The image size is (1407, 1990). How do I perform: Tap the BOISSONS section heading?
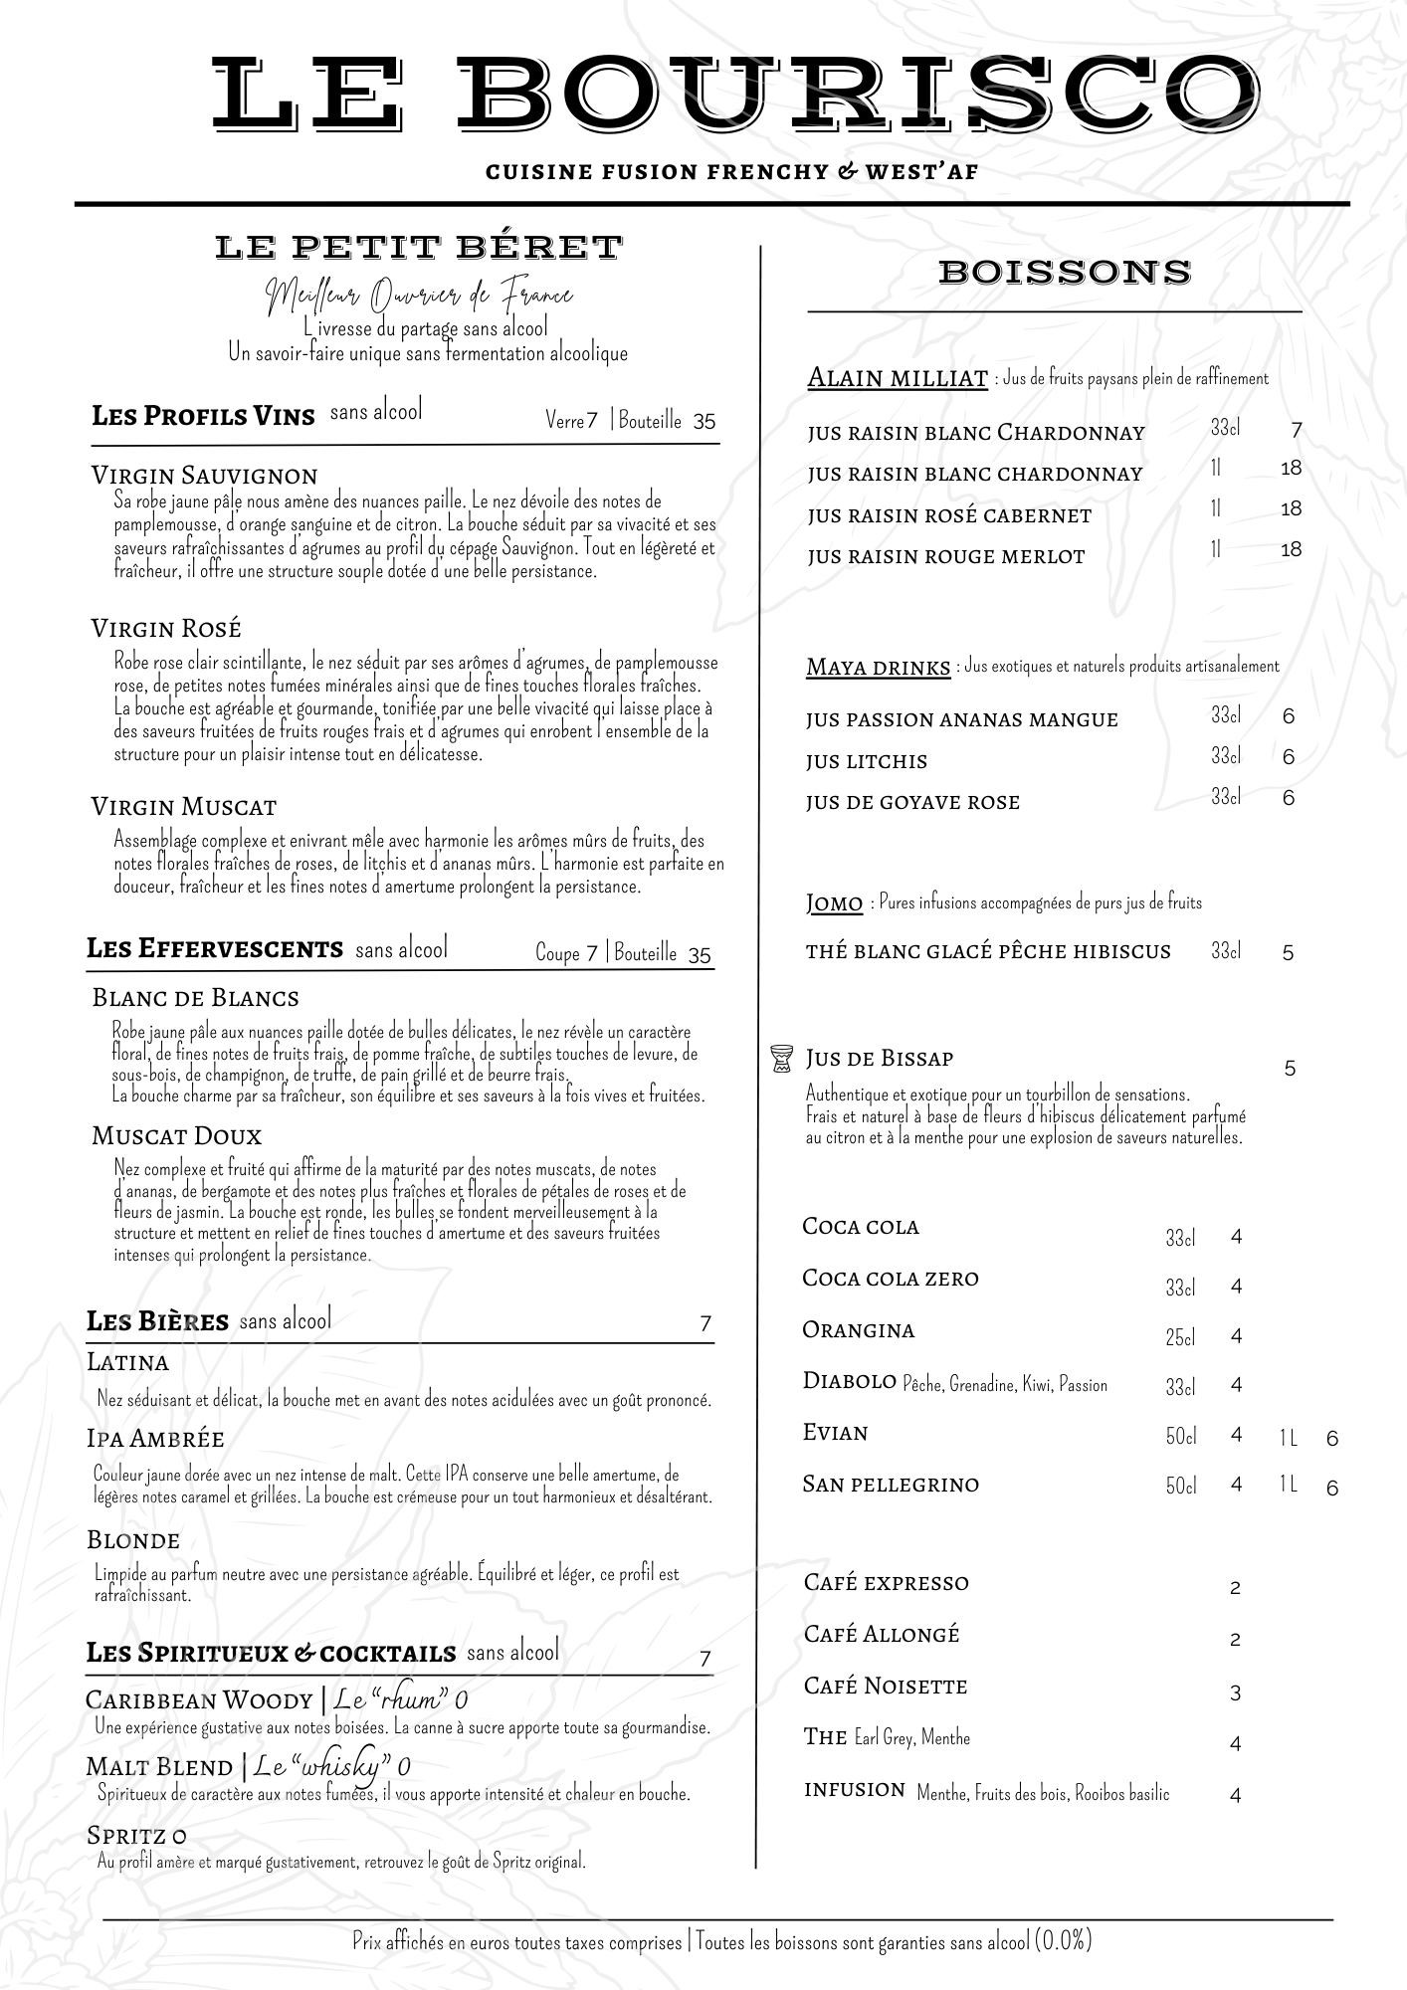point(1064,272)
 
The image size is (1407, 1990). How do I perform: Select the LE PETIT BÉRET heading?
point(419,247)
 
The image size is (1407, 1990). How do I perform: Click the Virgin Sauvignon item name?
point(204,475)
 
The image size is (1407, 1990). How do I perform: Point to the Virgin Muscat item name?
point(183,806)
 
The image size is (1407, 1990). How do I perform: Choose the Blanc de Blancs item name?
point(195,998)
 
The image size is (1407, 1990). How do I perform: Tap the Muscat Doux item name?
point(176,1135)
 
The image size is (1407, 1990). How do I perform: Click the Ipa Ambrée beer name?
point(155,1439)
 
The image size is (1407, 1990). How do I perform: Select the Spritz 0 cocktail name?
point(136,1835)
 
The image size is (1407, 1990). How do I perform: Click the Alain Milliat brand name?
point(897,378)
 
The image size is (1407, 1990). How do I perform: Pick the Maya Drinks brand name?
point(878,667)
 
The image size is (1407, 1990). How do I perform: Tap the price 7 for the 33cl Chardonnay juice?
point(1296,431)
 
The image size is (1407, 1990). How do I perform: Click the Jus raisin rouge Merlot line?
point(945,556)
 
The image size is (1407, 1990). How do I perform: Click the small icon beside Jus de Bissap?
point(781,1058)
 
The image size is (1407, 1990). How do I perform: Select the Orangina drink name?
point(858,1330)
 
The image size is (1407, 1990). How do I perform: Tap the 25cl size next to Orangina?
point(1180,1337)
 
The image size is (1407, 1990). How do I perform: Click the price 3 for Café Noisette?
point(1235,1692)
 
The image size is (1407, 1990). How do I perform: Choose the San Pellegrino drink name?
point(890,1485)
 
